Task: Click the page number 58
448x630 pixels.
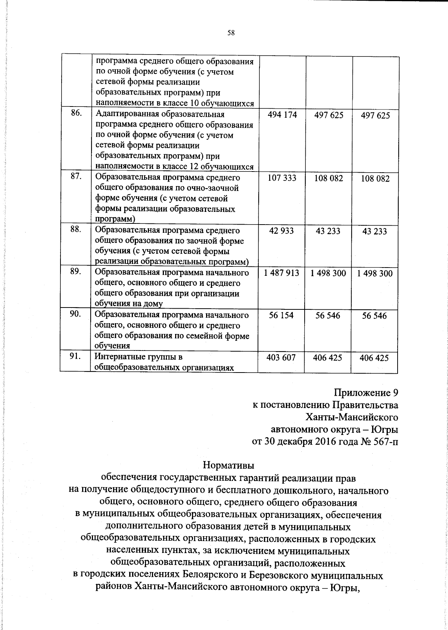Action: click(x=231, y=33)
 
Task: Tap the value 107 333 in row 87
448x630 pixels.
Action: click(x=282, y=178)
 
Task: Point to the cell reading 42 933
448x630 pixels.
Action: click(x=281, y=231)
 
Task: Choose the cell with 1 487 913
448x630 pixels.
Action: click(x=281, y=273)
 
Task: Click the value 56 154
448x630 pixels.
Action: click(x=281, y=315)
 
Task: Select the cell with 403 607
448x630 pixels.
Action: click(x=281, y=358)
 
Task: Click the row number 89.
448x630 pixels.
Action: click(x=76, y=272)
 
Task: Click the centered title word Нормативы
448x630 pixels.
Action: click(x=228, y=466)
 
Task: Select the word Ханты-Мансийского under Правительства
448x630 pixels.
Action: click(x=351, y=417)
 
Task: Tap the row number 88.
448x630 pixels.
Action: click(x=76, y=229)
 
